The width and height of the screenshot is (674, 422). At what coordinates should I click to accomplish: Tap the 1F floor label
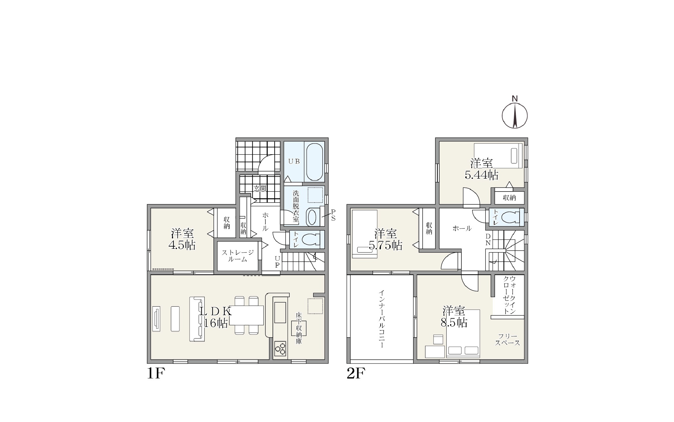tap(156, 374)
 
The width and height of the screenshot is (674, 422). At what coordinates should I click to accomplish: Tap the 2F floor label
tap(356, 374)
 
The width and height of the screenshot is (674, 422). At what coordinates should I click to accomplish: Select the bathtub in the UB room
tap(315, 162)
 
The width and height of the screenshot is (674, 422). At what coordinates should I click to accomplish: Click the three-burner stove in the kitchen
tap(280, 349)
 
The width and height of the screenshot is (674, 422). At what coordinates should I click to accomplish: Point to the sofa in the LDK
tap(197, 319)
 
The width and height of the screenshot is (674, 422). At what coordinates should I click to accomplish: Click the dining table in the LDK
tap(246, 315)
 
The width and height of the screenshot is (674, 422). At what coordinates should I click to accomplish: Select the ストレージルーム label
tap(238, 256)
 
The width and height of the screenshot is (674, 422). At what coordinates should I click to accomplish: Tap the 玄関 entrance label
tap(260, 189)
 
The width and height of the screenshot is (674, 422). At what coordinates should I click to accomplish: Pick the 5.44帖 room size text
tap(481, 175)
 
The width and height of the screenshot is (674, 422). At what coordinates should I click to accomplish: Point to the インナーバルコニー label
tap(382, 319)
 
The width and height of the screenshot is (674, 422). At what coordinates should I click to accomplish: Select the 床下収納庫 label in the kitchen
tap(298, 328)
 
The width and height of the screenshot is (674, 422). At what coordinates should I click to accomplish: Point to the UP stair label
tap(277, 262)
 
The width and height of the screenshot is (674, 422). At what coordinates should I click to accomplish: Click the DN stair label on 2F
tap(488, 240)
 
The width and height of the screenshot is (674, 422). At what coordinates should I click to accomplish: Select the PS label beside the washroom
tap(333, 215)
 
